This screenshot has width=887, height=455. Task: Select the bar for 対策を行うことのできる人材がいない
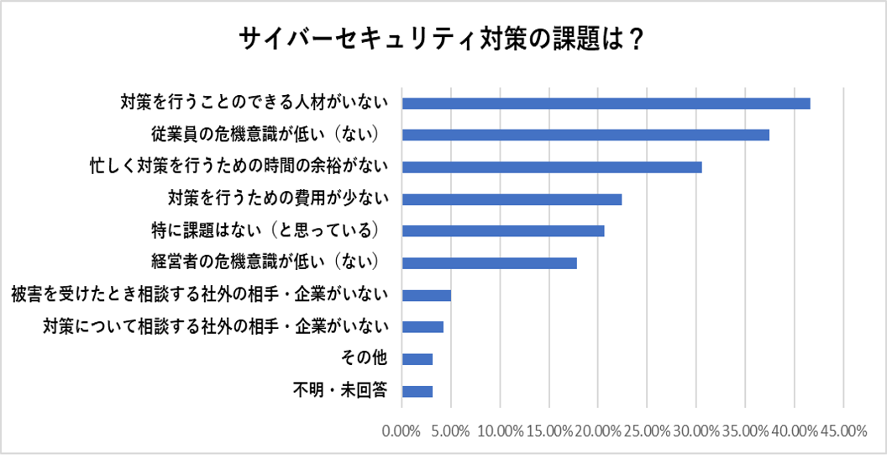coord(606,103)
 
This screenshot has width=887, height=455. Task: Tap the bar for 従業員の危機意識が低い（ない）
coord(585,135)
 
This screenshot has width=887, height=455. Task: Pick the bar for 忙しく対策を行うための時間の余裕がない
coord(552,167)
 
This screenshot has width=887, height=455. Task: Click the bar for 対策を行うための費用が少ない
coord(512,199)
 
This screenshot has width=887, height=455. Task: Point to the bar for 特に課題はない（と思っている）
coord(503,231)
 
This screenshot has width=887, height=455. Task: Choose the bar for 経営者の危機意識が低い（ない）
coord(490,263)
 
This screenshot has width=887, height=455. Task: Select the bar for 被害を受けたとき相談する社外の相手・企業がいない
coord(427,295)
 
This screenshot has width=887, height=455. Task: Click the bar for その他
coord(417,359)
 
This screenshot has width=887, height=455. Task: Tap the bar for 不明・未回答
coord(417,391)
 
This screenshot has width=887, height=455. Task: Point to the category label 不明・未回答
coord(339,391)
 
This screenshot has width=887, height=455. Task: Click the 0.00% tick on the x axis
coord(402,431)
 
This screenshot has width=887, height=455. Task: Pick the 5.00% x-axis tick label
coord(451,431)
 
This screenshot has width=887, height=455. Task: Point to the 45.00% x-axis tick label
coord(843,431)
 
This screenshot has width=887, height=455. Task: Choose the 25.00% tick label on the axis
coord(648,431)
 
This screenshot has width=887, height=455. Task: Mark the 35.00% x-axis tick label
coord(746,431)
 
